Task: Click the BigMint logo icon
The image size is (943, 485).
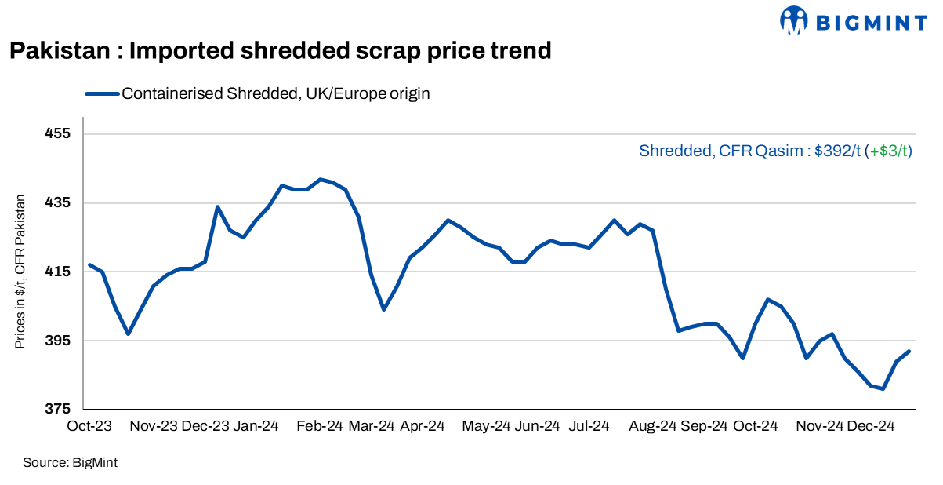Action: tap(794, 21)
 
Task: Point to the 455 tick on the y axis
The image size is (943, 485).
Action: tap(60, 133)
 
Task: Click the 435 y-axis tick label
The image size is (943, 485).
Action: tap(60, 202)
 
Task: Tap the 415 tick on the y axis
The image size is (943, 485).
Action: tap(60, 272)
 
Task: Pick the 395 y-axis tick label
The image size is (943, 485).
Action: tap(60, 341)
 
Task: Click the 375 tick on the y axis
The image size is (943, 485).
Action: tap(60, 410)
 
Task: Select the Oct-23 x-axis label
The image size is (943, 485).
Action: tap(89, 426)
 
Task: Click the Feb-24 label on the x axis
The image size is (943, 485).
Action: tap(320, 426)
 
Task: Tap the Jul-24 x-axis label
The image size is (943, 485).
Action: tap(589, 426)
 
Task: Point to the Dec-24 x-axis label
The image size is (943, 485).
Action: tap(871, 426)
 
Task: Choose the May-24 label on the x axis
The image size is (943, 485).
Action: tap(486, 426)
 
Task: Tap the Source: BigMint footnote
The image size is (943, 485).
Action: tap(71, 463)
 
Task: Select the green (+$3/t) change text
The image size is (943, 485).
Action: tap(890, 151)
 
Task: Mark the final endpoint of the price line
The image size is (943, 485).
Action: tap(909, 351)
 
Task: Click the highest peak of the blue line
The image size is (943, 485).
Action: tap(320, 179)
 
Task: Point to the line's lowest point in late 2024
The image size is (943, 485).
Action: tap(883, 388)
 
